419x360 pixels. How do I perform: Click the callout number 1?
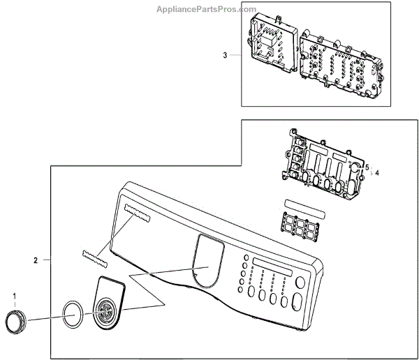tap(15, 297)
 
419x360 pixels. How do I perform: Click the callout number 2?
tap(36, 260)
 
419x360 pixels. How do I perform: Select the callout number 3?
tap(225, 54)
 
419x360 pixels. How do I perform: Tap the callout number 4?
tap(377, 172)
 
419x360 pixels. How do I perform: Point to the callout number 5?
tap(367, 167)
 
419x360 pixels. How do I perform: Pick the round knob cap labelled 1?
tap(15, 322)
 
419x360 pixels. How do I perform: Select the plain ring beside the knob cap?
tap(71, 315)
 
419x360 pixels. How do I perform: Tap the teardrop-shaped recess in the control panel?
tap(208, 263)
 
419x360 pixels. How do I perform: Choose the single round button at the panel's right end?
tap(300, 283)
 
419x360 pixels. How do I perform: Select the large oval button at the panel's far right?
tap(296, 303)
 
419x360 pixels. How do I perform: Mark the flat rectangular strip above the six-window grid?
tap(306, 209)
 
